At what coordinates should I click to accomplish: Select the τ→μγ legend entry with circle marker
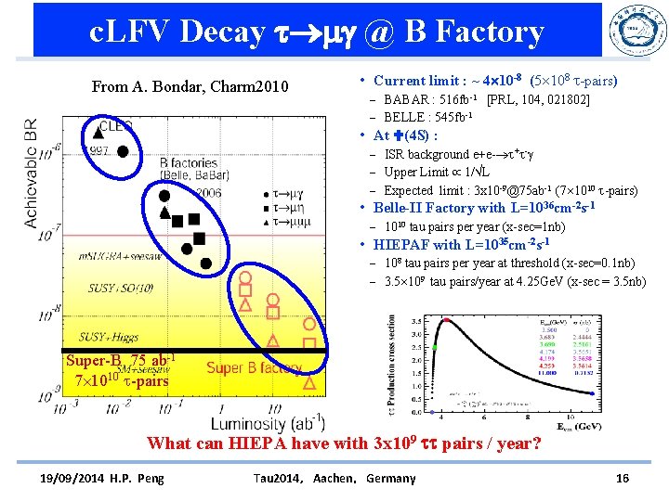click(x=282, y=196)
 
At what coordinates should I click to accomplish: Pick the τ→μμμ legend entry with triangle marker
click(x=282, y=223)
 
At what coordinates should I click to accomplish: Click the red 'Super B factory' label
click(x=254, y=368)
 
